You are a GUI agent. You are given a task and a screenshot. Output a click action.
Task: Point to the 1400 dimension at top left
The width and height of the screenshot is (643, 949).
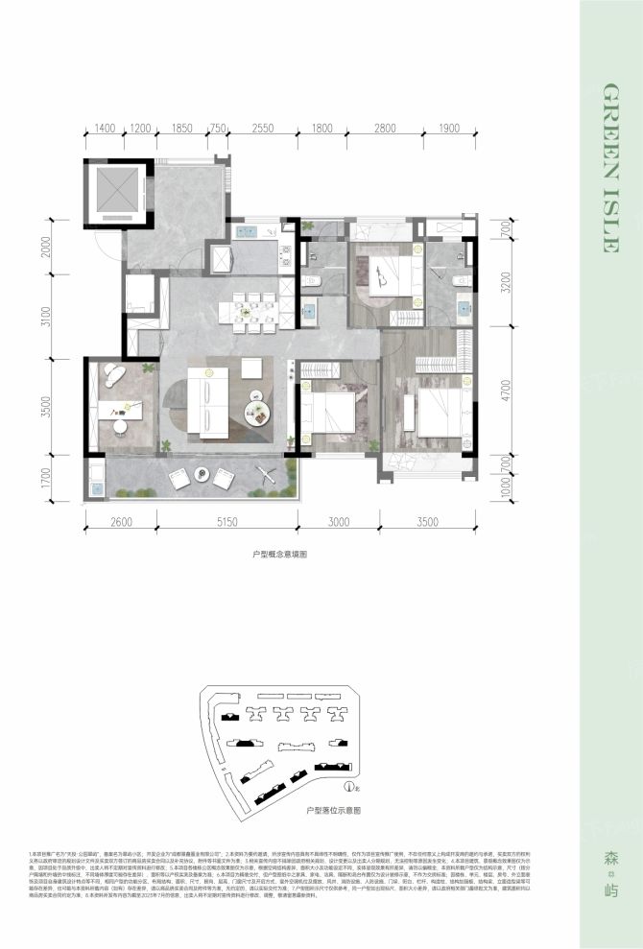point(105,128)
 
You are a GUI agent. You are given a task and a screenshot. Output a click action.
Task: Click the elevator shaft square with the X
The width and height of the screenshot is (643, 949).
point(116,190)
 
